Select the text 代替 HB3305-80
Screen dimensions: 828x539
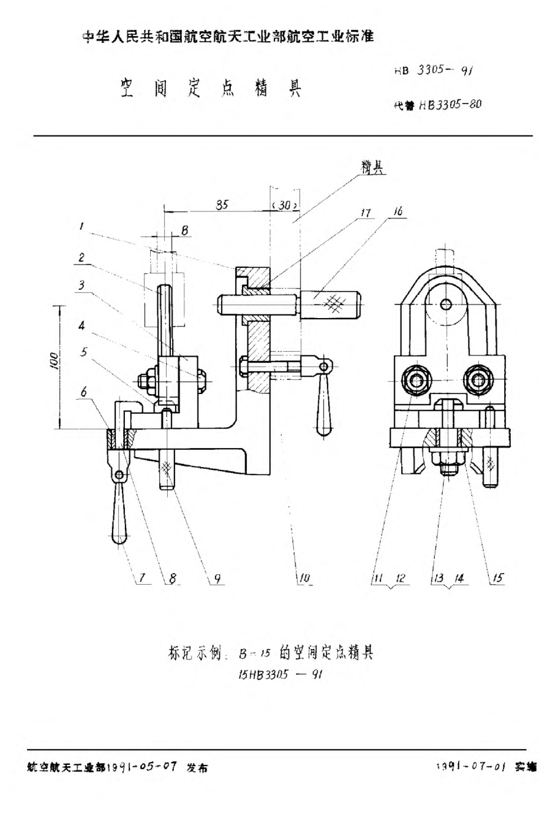(437, 104)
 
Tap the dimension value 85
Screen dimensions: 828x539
(222, 206)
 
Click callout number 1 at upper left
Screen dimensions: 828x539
(82, 227)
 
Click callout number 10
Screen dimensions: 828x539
(304, 578)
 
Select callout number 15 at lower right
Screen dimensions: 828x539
(497, 577)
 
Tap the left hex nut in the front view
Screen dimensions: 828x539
(417, 381)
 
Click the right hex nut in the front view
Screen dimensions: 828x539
(478, 381)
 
